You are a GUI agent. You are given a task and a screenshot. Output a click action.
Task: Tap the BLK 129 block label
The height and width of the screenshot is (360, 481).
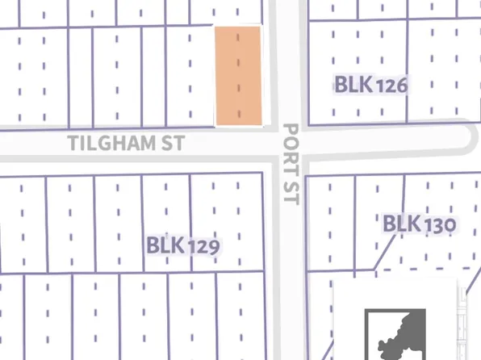click(x=183, y=245)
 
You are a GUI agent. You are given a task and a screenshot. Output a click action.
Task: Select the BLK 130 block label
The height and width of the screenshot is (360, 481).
click(x=420, y=224)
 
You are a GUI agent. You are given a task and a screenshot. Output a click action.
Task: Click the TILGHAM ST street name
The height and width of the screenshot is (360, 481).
click(x=127, y=143)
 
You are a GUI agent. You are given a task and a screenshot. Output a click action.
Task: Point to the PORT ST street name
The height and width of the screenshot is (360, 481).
click(x=291, y=163)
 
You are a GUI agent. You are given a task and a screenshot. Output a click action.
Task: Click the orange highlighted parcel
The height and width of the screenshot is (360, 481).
click(x=238, y=76)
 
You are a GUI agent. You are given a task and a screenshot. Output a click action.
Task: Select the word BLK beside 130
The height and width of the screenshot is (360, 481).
click(x=401, y=224)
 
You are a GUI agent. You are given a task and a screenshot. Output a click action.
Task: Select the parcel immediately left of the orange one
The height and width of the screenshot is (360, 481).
click(x=189, y=76)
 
